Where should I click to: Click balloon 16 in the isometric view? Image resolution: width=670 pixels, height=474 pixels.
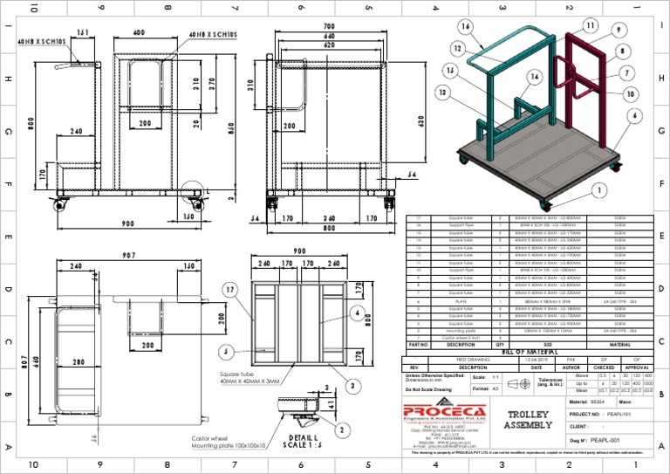467,27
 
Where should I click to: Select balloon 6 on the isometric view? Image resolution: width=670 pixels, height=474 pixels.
634,114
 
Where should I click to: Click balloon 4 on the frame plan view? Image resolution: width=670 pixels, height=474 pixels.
357,311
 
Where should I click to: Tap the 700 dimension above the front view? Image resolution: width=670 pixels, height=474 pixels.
329,27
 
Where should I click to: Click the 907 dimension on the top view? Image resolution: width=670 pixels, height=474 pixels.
129,256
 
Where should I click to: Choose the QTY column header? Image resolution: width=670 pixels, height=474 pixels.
500,344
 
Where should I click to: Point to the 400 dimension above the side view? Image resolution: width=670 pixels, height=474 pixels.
139,32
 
